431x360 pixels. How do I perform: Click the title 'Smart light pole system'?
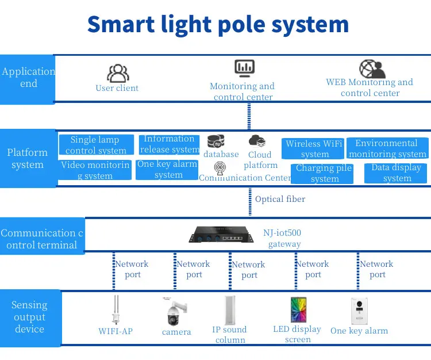218,24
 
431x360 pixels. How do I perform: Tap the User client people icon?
118,73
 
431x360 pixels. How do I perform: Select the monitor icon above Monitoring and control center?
244,68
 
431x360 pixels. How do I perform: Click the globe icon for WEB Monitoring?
372,68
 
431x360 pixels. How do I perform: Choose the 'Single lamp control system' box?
96,145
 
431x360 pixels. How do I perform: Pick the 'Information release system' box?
169,144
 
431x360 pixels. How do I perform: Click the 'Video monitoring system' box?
95,170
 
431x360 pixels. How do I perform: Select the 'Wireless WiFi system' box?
314,149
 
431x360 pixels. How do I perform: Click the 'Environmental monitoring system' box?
387,148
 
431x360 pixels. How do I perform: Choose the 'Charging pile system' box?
324,173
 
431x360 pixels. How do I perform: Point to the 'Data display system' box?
395,173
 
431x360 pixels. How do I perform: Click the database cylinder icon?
215,141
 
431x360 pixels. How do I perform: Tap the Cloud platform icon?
257,141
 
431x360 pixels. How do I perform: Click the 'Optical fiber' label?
280,199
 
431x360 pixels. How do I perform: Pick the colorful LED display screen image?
298,310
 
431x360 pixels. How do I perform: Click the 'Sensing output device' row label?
29,317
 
